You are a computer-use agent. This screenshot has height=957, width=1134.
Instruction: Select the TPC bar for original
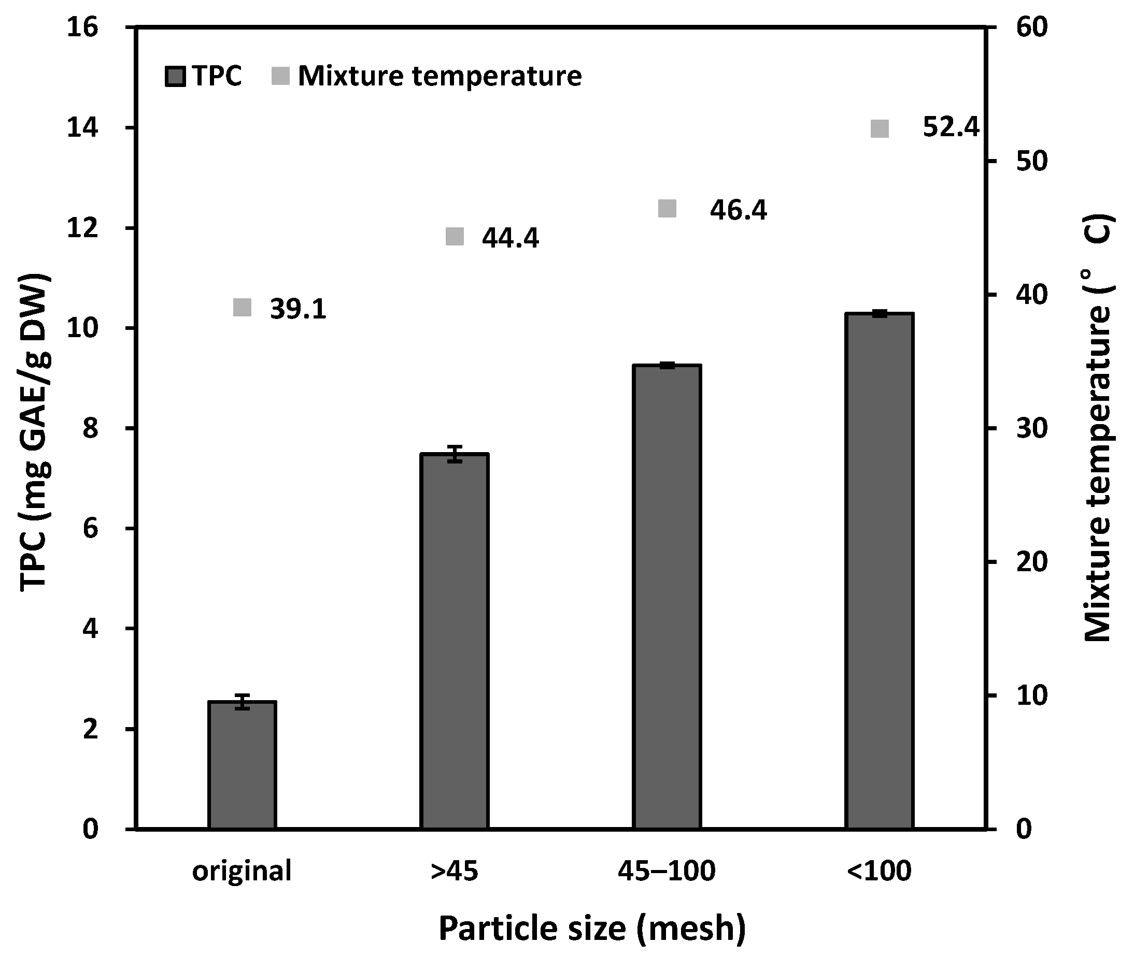point(242,765)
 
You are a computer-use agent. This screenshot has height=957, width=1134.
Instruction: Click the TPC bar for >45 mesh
point(455,641)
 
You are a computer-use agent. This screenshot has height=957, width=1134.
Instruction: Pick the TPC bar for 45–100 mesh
point(667,597)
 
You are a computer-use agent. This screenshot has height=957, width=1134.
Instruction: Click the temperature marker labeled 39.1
point(242,308)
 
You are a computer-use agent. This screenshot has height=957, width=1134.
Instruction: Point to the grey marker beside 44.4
point(455,237)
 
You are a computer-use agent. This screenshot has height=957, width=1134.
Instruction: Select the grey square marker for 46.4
point(667,208)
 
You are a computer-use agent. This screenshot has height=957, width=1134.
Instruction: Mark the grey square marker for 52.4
point(880,128)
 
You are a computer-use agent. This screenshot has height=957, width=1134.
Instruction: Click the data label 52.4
point(951,127)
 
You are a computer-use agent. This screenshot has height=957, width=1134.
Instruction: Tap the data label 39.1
point(298,309)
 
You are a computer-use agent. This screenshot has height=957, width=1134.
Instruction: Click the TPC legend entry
point(204,76)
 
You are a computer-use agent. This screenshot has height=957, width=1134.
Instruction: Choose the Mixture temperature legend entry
point(427,76)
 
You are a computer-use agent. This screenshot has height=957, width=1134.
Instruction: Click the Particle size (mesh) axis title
point(592,928)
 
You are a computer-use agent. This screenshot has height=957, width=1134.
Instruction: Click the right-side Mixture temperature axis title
point(1097,429)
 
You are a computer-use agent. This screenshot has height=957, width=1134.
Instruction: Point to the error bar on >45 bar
point(455,454)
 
